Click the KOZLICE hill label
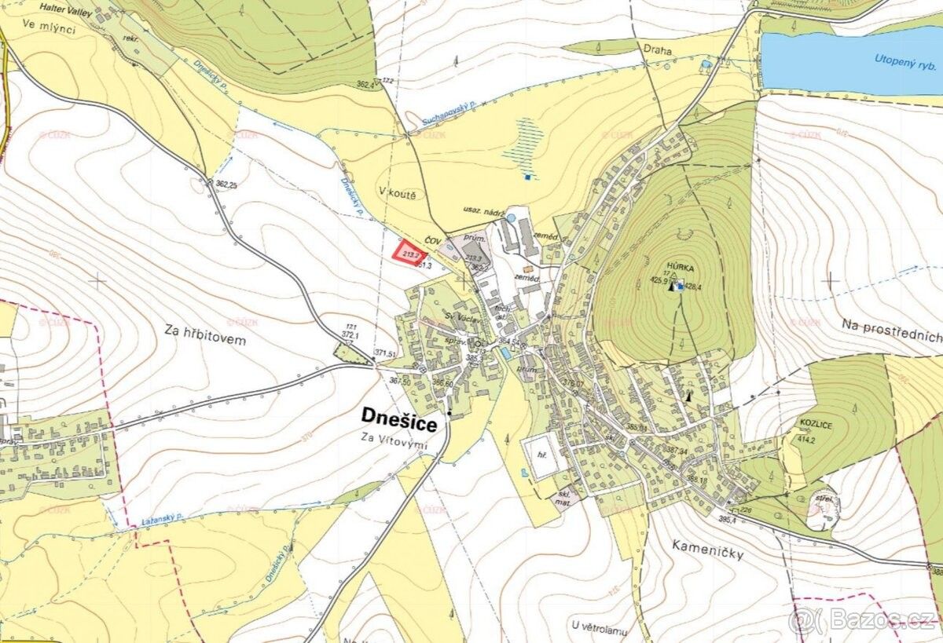click(816, 423)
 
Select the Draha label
click(657, 50)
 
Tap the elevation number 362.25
click(226, 184)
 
